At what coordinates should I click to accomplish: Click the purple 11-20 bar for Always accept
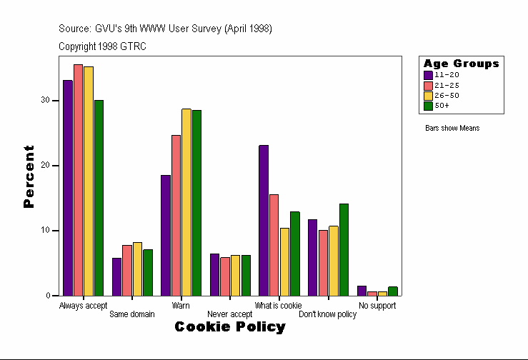click(x=67, y=187)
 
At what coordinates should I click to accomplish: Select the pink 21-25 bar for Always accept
click(x=78, y=179)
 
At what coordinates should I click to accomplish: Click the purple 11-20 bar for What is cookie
click(x=264, y=220)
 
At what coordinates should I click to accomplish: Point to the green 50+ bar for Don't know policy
click(x=344, y=249)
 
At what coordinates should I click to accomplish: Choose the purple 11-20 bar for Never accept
click(x=214, y=274)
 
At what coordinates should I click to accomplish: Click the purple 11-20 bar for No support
click(x=362, y=291)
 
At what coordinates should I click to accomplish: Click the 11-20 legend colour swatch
click(x=428, y=75)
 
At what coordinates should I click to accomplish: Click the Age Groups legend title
click(x=461, y=64)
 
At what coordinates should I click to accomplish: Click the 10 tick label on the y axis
click(x=45, y=231)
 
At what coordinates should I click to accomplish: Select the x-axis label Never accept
click(x=229, y=314)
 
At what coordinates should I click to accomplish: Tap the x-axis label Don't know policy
click(x=327, y=314)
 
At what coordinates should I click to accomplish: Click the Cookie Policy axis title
click(x=229, y=327)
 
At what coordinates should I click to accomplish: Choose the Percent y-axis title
click(x=29, y=176)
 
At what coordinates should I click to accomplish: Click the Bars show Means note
click(x=452, y=129)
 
